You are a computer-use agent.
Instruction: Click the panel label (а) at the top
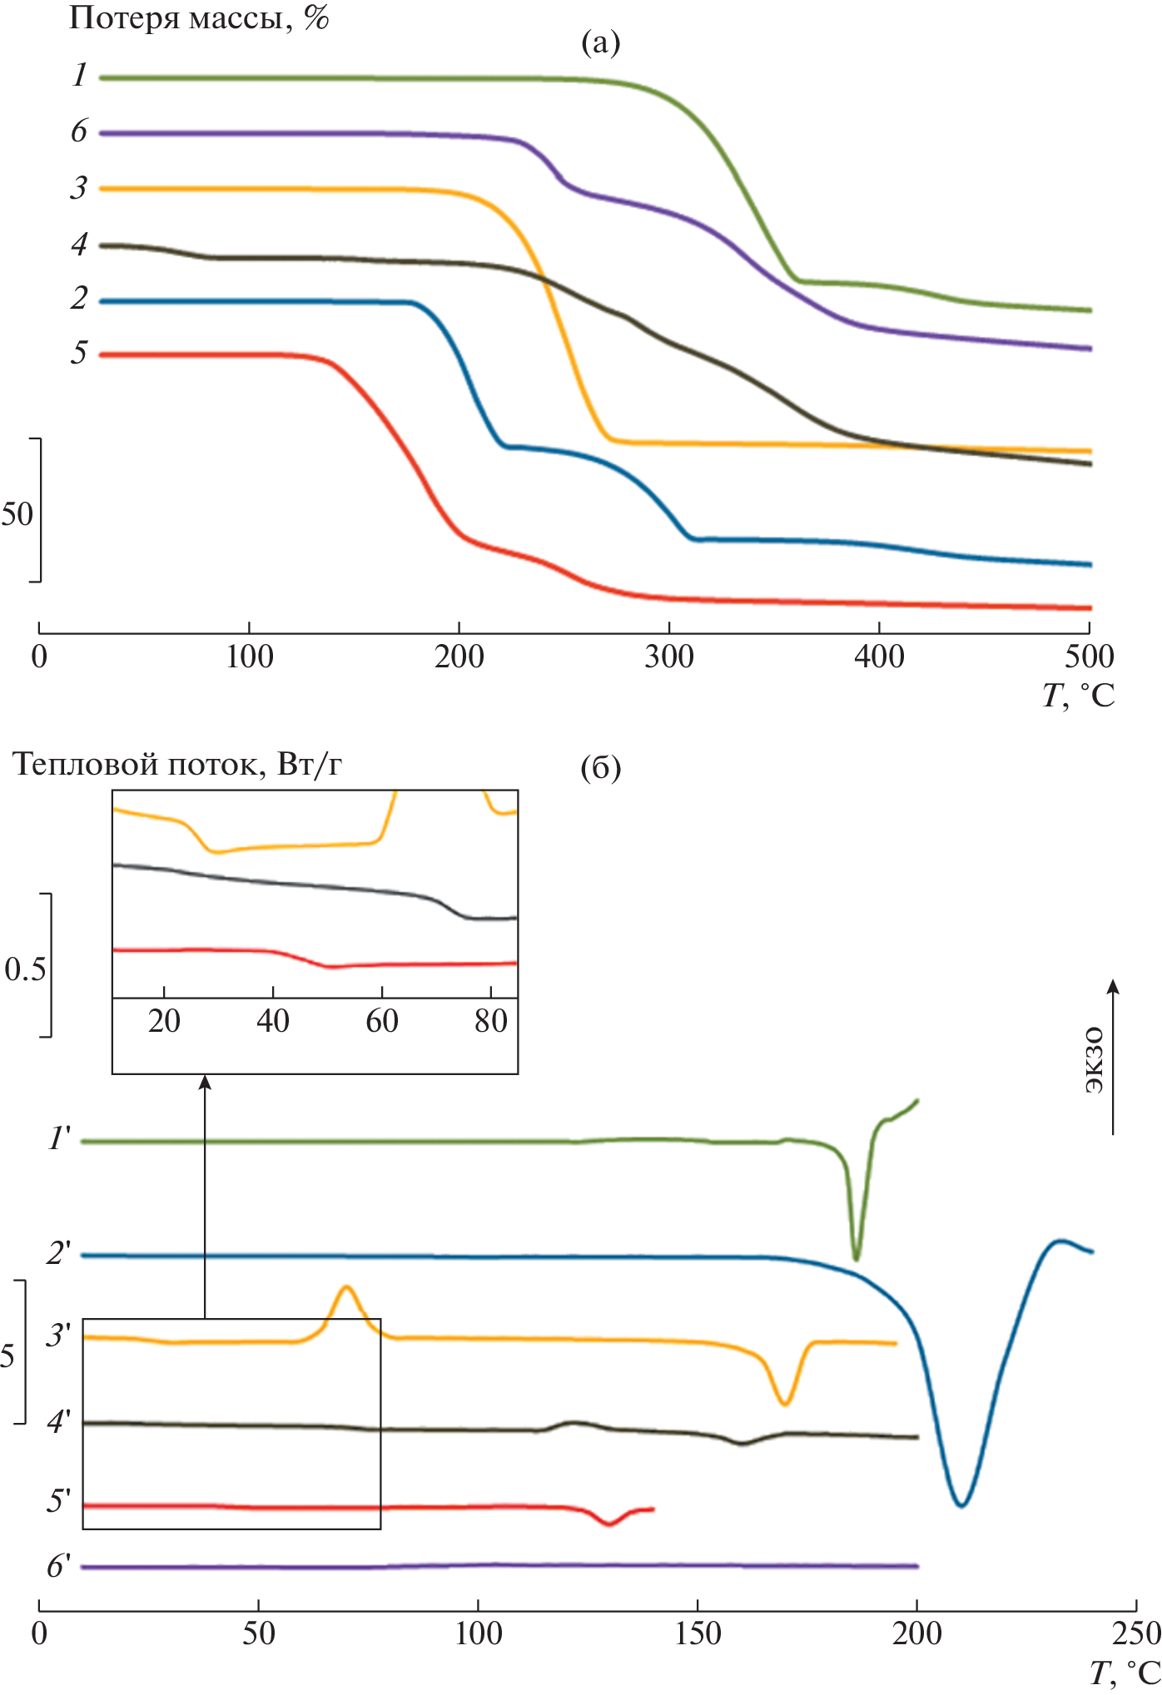tap(600, 42)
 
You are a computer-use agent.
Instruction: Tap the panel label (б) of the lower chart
tap(600, 768)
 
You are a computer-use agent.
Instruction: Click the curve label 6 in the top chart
tap(79, 131)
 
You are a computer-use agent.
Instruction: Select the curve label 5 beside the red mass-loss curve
tap(79, 353)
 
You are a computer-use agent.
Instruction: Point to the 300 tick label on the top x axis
tap(668, 657)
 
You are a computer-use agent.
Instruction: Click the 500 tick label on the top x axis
tap(1089, 657)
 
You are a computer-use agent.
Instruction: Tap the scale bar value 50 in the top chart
tap(17, 514)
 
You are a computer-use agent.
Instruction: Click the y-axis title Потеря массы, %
tap(198, 17)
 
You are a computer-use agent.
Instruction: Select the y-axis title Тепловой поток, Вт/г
tap(177, 764)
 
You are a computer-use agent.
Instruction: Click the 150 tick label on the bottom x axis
tap(698, 1633)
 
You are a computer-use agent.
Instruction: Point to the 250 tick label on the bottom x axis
tap(1135, 1633)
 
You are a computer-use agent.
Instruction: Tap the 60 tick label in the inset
tap(382, 1021)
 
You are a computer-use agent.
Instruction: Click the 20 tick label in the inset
tap(164, 1021)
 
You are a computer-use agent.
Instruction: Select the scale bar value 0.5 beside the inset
tap(25, 969)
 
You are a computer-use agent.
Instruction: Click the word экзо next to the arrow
tap(1094, 1060)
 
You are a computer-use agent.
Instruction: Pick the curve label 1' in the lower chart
tap(60, 1137)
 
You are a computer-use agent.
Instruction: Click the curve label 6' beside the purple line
tap(59, 1566)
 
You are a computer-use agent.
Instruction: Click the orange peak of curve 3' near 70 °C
tap(346, 1288)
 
